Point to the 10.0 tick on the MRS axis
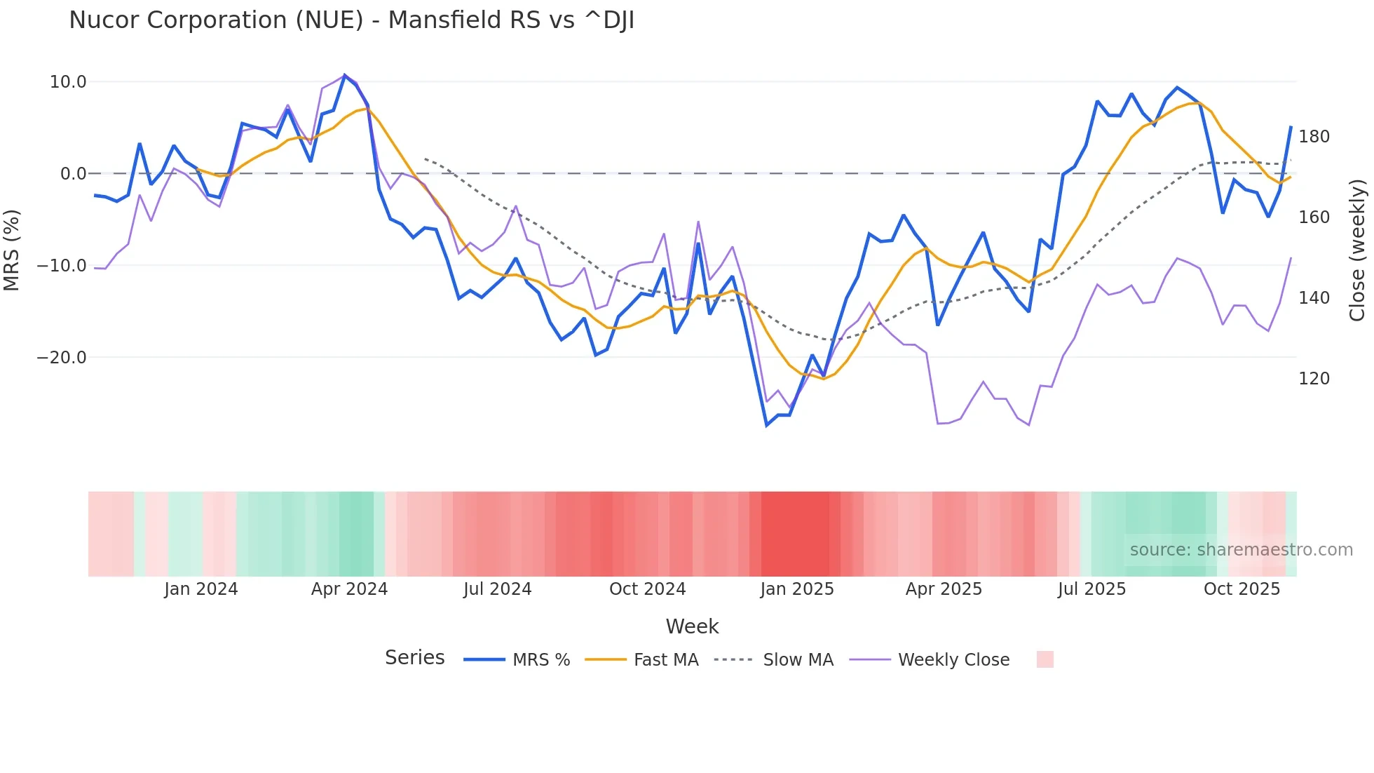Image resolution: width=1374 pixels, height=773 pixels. click(68, 82)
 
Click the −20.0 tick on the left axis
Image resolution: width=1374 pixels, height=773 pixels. click(62, 358)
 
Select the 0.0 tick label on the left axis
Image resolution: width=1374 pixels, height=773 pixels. click(74, 174)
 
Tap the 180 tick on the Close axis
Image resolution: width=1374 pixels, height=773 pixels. click(1314, 137)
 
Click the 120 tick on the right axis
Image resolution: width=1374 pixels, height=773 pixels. click(1314, 379)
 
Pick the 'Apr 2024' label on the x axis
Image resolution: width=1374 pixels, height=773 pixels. click(349, 589)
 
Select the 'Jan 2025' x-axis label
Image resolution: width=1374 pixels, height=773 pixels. click(797, 589)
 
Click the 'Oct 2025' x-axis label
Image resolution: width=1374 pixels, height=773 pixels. click(1242, 589)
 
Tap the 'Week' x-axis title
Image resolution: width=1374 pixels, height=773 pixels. click(692, 626)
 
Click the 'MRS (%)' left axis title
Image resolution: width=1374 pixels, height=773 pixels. click(11, 250)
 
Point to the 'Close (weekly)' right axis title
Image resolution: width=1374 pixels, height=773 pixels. click(1357, 250)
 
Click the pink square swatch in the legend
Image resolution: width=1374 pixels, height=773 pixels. click(1045, 659)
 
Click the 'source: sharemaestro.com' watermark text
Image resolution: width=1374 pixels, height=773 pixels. click(1241, 550)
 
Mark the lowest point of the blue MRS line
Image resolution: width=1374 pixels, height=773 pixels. click(767, 425)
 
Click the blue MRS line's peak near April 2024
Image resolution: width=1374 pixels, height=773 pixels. click(344, 75)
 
